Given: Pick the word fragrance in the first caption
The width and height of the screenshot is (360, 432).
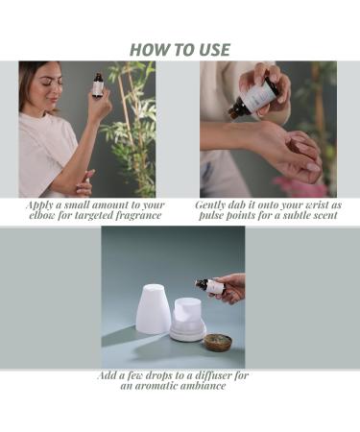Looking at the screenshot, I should (132, 215).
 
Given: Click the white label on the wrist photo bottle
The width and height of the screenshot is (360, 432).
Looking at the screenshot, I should (255, 95).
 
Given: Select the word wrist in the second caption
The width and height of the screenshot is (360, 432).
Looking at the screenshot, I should (310, 204).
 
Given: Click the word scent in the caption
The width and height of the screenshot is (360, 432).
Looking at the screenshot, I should (321, 215).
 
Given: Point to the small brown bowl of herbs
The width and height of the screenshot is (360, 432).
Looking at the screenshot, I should (217, 340).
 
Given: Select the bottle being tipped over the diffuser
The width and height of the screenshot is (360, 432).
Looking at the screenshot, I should (209, 286).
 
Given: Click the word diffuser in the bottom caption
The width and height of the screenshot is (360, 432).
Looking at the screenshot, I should (222, 374).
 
